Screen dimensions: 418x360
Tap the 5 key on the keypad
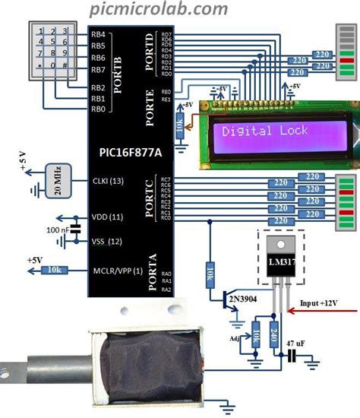52,42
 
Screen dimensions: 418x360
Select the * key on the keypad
39,65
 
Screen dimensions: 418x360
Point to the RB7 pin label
98,70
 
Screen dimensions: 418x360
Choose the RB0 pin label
98,109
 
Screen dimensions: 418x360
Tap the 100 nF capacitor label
60,229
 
